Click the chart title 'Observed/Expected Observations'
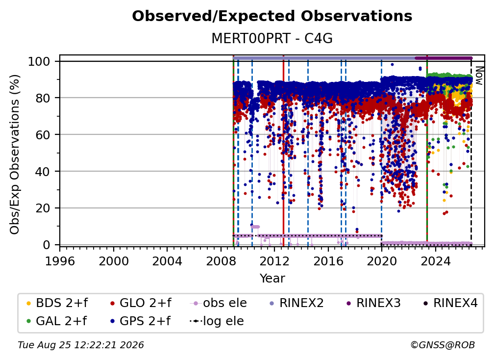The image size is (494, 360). coord(272,16)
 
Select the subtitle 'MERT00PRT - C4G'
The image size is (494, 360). coord(272,38)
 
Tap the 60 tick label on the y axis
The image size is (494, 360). coord(43,134)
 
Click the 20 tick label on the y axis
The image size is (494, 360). coord(43,208)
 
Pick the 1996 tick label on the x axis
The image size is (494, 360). coord(60,261)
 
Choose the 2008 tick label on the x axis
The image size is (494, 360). coord(221,261)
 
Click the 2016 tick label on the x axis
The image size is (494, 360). coord(328,261)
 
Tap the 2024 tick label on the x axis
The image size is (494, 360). coord(435,261)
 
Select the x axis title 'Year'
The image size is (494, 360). coord(272,279)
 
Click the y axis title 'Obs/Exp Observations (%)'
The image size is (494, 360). coord(15,154)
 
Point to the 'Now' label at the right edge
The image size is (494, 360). coord(479,76)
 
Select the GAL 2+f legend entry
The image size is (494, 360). coord(56,321)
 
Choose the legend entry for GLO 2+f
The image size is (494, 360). coord(141,303)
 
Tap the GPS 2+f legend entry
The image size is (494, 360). coord(140,321)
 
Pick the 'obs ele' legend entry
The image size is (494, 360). coord(219,303)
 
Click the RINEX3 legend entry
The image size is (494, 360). coord(373,303)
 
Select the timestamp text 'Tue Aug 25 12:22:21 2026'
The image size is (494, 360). coord(81,345)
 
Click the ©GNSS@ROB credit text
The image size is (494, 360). coord(443,345)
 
